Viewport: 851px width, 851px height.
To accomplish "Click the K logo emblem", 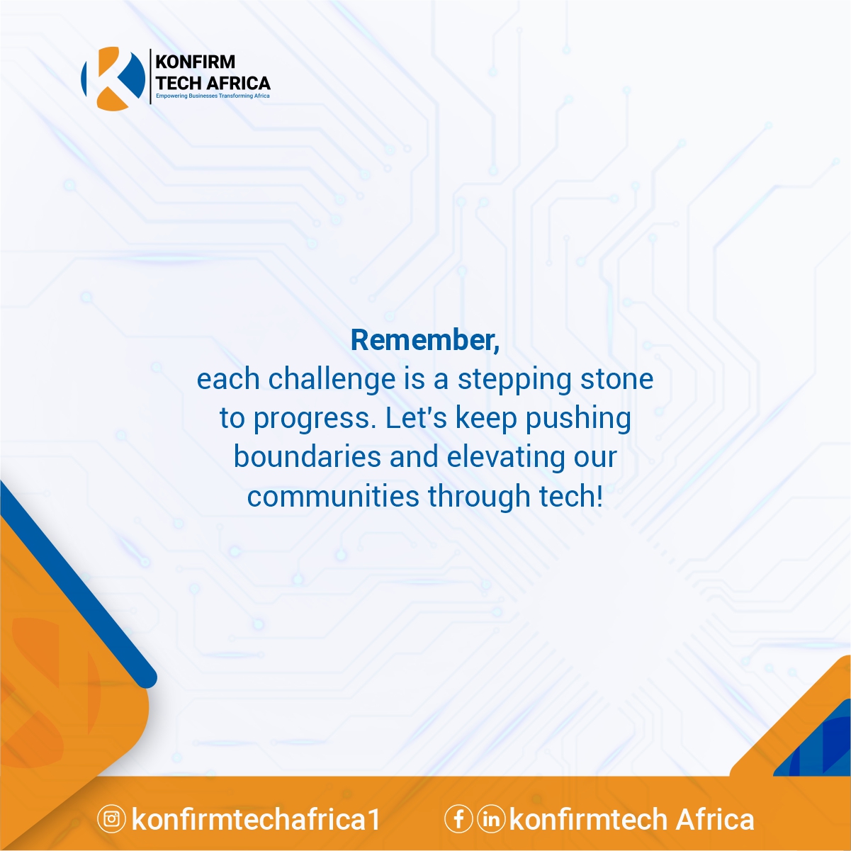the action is pos(113,78).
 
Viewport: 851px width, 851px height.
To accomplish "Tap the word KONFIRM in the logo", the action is pos(195,62).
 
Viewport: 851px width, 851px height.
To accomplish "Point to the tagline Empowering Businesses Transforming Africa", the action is pos(213,96).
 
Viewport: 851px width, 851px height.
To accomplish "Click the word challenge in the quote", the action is pos(332,379).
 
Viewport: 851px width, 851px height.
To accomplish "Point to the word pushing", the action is pos(578,418).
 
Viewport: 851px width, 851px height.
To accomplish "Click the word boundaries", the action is pos(307,456).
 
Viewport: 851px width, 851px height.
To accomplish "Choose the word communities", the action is pos(333,495).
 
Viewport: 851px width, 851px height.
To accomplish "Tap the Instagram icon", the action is pos(111,819).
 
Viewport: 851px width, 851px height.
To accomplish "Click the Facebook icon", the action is pos(459,819).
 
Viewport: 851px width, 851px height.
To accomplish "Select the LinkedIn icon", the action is pos(491,819).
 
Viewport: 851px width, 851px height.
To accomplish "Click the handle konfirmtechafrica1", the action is pos(256,819).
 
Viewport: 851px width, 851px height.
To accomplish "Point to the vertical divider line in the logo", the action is pos(151,77).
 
